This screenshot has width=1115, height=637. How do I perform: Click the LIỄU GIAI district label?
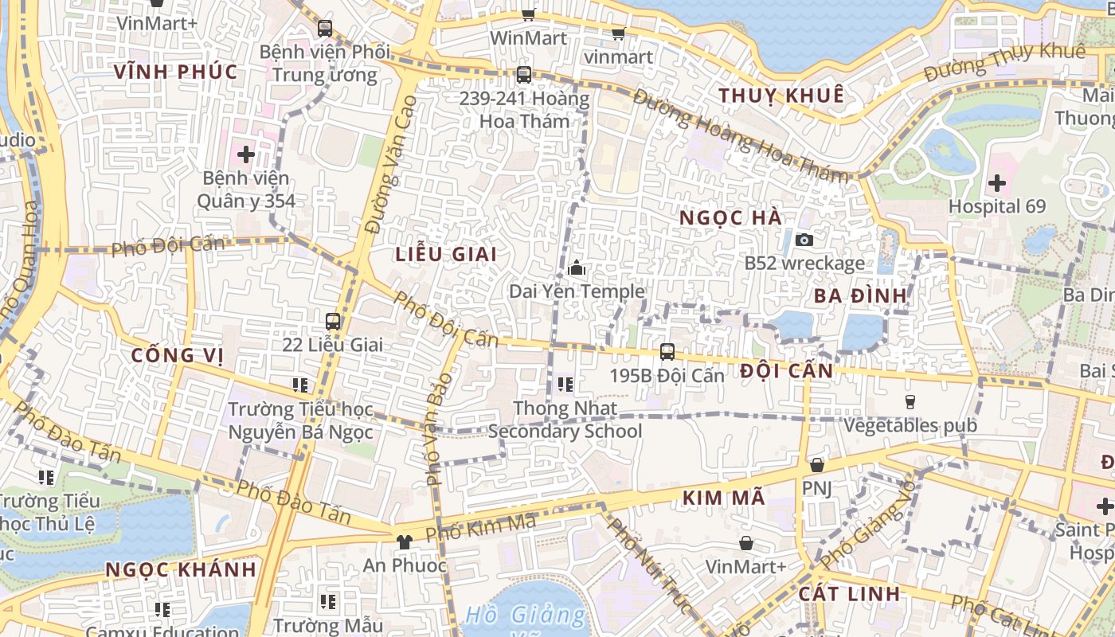446,254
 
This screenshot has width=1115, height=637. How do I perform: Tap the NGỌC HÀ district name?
731,217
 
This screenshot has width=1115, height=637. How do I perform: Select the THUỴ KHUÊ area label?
780,96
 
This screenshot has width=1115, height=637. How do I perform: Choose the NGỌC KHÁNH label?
181,569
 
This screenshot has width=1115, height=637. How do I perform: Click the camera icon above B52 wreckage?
804,240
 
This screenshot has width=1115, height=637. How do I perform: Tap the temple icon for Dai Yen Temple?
577,268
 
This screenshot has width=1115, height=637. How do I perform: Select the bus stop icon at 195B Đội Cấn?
667,351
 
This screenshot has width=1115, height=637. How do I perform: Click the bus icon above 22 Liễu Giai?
333,322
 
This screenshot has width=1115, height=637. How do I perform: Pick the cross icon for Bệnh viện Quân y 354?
245,154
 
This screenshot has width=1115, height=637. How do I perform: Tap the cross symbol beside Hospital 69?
996,184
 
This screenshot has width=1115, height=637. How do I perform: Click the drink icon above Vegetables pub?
910,402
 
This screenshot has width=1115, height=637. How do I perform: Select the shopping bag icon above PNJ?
816,465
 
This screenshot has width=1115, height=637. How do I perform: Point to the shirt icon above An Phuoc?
405,542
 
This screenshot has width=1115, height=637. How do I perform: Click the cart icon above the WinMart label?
528,14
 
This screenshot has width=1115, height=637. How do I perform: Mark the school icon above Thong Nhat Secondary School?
565,385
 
